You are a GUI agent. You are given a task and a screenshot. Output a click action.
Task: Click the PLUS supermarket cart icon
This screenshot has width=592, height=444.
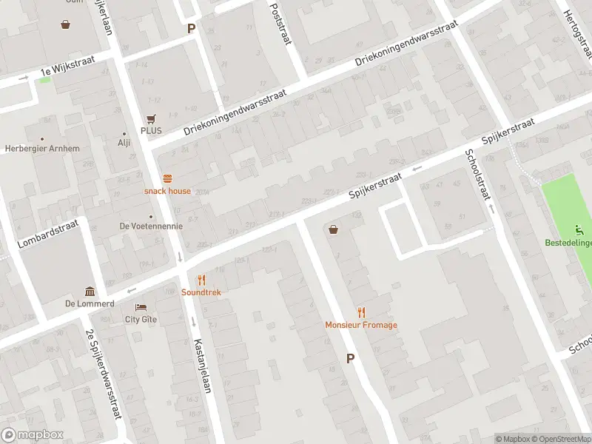pos(151,118)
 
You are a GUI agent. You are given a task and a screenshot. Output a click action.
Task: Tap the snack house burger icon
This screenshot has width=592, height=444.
pos(167,178)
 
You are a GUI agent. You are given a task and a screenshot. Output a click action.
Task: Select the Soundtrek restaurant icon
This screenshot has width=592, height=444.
pos(201,280)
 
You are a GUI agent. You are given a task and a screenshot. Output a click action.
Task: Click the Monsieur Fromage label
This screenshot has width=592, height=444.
pos(361,325)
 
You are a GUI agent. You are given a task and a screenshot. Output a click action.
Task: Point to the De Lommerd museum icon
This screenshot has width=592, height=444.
pos(90,291)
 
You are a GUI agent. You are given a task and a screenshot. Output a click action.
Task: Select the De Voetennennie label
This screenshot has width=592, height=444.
pos(151,226)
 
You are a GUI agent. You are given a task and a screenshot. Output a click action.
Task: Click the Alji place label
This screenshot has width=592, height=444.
pos(124,143)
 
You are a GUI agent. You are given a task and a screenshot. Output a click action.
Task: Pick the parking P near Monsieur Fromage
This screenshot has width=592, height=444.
pos(350,358)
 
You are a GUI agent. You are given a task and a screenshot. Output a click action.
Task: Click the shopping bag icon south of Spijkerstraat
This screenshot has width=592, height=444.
pos(334,229)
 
